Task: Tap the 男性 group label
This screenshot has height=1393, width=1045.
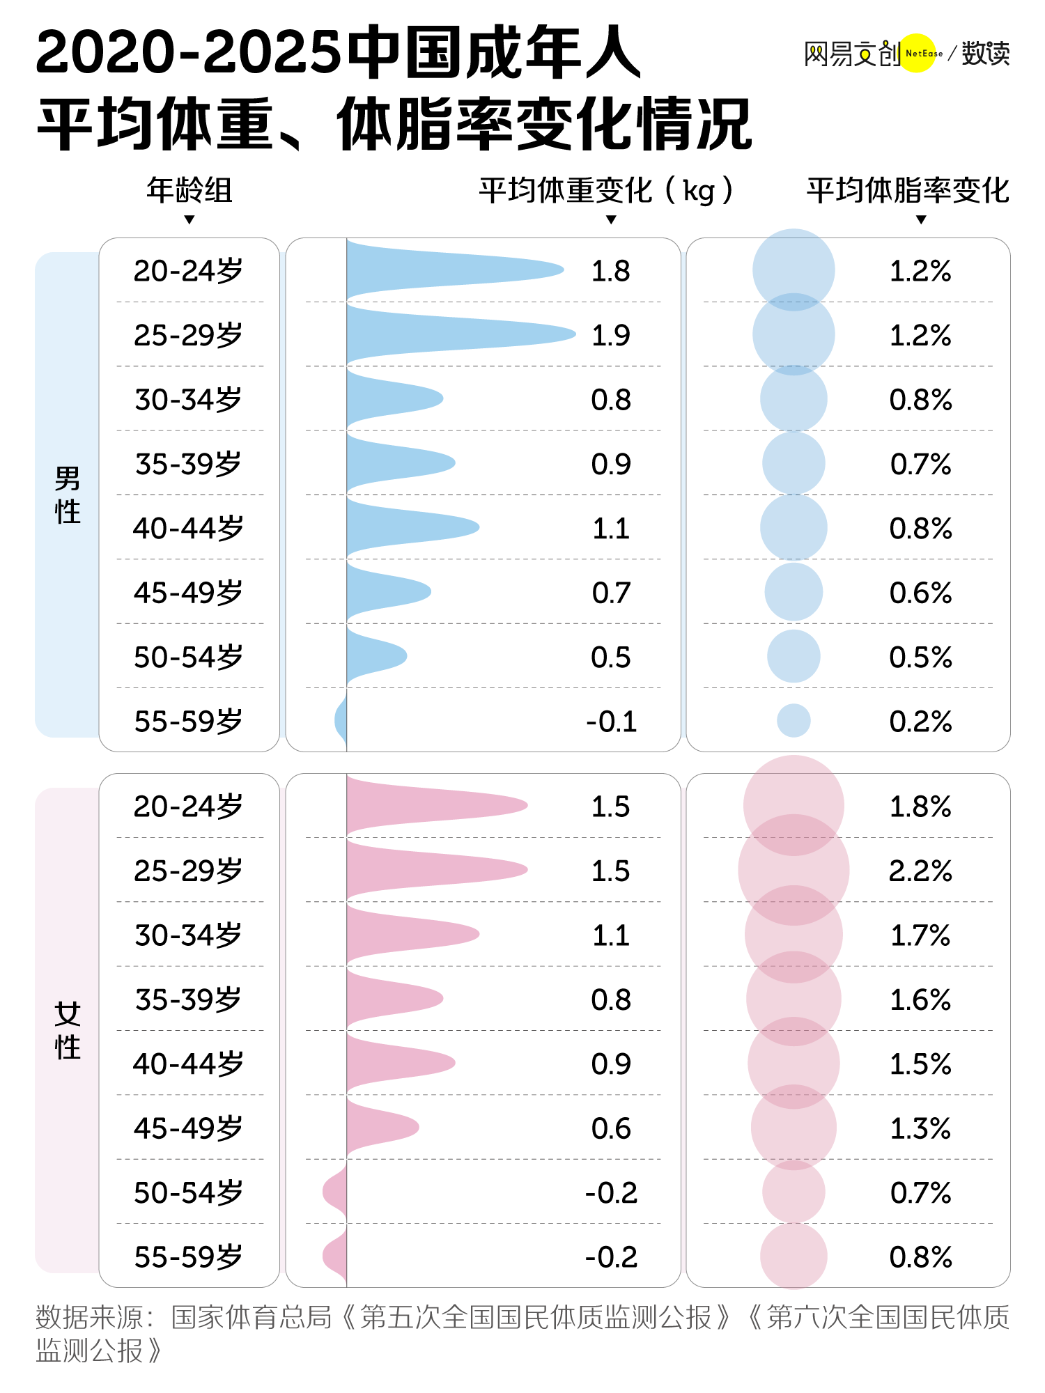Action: coord(68,495)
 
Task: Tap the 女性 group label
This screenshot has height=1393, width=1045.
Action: coord(68,1031)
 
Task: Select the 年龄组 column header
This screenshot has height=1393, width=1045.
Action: coord(189,190)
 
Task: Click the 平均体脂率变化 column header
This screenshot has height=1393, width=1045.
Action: coord(908,190)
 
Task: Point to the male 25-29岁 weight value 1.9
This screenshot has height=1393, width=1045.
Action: coord(610,335)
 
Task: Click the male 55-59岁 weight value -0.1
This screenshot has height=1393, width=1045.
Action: coord(611,722)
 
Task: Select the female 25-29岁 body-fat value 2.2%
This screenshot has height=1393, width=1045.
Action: coord(920,871)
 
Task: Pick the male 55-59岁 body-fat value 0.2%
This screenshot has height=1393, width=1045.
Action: coord(920,722)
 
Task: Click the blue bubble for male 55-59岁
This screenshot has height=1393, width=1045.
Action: coord(794,720)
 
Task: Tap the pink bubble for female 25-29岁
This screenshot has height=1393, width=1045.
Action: coord(794,870)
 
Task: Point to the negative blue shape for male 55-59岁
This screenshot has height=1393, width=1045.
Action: coord(341,720)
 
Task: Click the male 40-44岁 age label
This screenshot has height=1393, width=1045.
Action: coord(189,529)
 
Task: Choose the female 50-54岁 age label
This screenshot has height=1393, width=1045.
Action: coord(189,1193)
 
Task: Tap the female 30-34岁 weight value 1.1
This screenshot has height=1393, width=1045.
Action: coord(610,935)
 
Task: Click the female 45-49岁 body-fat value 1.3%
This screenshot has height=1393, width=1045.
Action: coord(920,1128)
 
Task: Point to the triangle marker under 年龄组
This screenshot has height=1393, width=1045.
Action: coord(189,220)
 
